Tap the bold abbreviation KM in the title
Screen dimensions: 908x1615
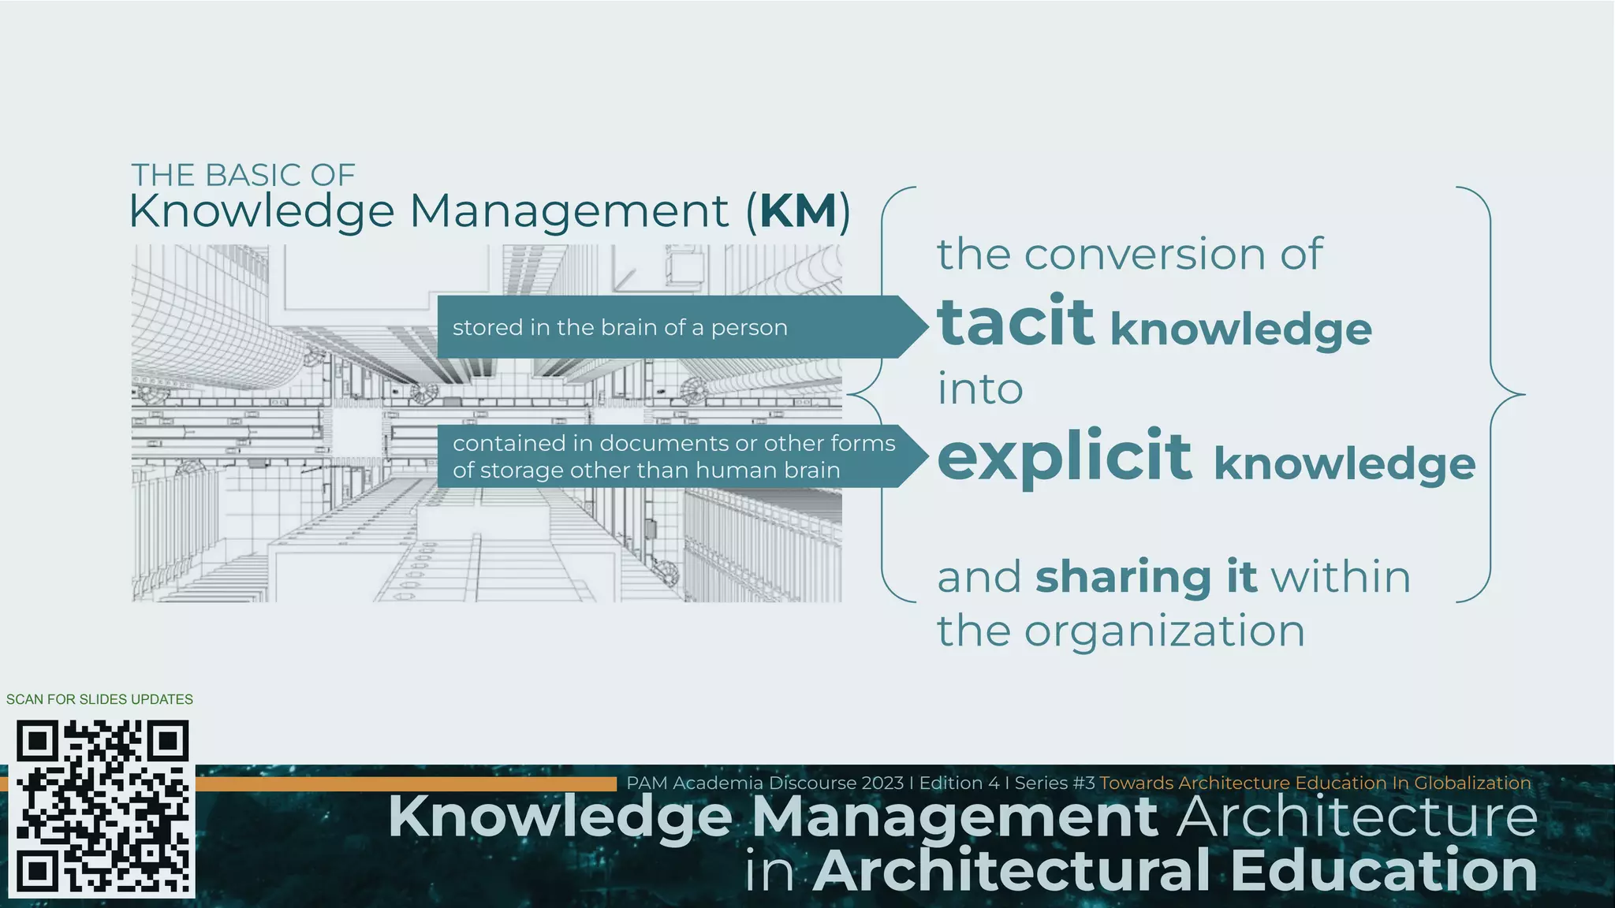[799, 211]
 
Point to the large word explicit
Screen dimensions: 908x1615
[1065, 456]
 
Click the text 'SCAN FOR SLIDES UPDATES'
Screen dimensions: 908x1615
[99, 699]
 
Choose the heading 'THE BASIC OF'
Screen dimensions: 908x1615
[243, 175]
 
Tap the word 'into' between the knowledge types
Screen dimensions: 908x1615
[980, 389]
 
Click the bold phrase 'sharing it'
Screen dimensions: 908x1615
[1146, 577]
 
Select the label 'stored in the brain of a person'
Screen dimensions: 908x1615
[620, 327]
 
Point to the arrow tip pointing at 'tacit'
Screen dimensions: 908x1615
[923, 326]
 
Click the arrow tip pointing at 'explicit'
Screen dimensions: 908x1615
[923, 456]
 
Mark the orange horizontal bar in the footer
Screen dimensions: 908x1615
[405, 783]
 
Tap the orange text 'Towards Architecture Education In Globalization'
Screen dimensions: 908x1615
[1315, 783]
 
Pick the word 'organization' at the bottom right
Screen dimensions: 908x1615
[1165, 631]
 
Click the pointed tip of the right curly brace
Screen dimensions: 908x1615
[1523, 394]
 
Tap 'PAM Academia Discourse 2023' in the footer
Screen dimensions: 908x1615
[764, 783]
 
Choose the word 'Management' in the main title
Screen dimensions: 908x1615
[569, 211]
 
